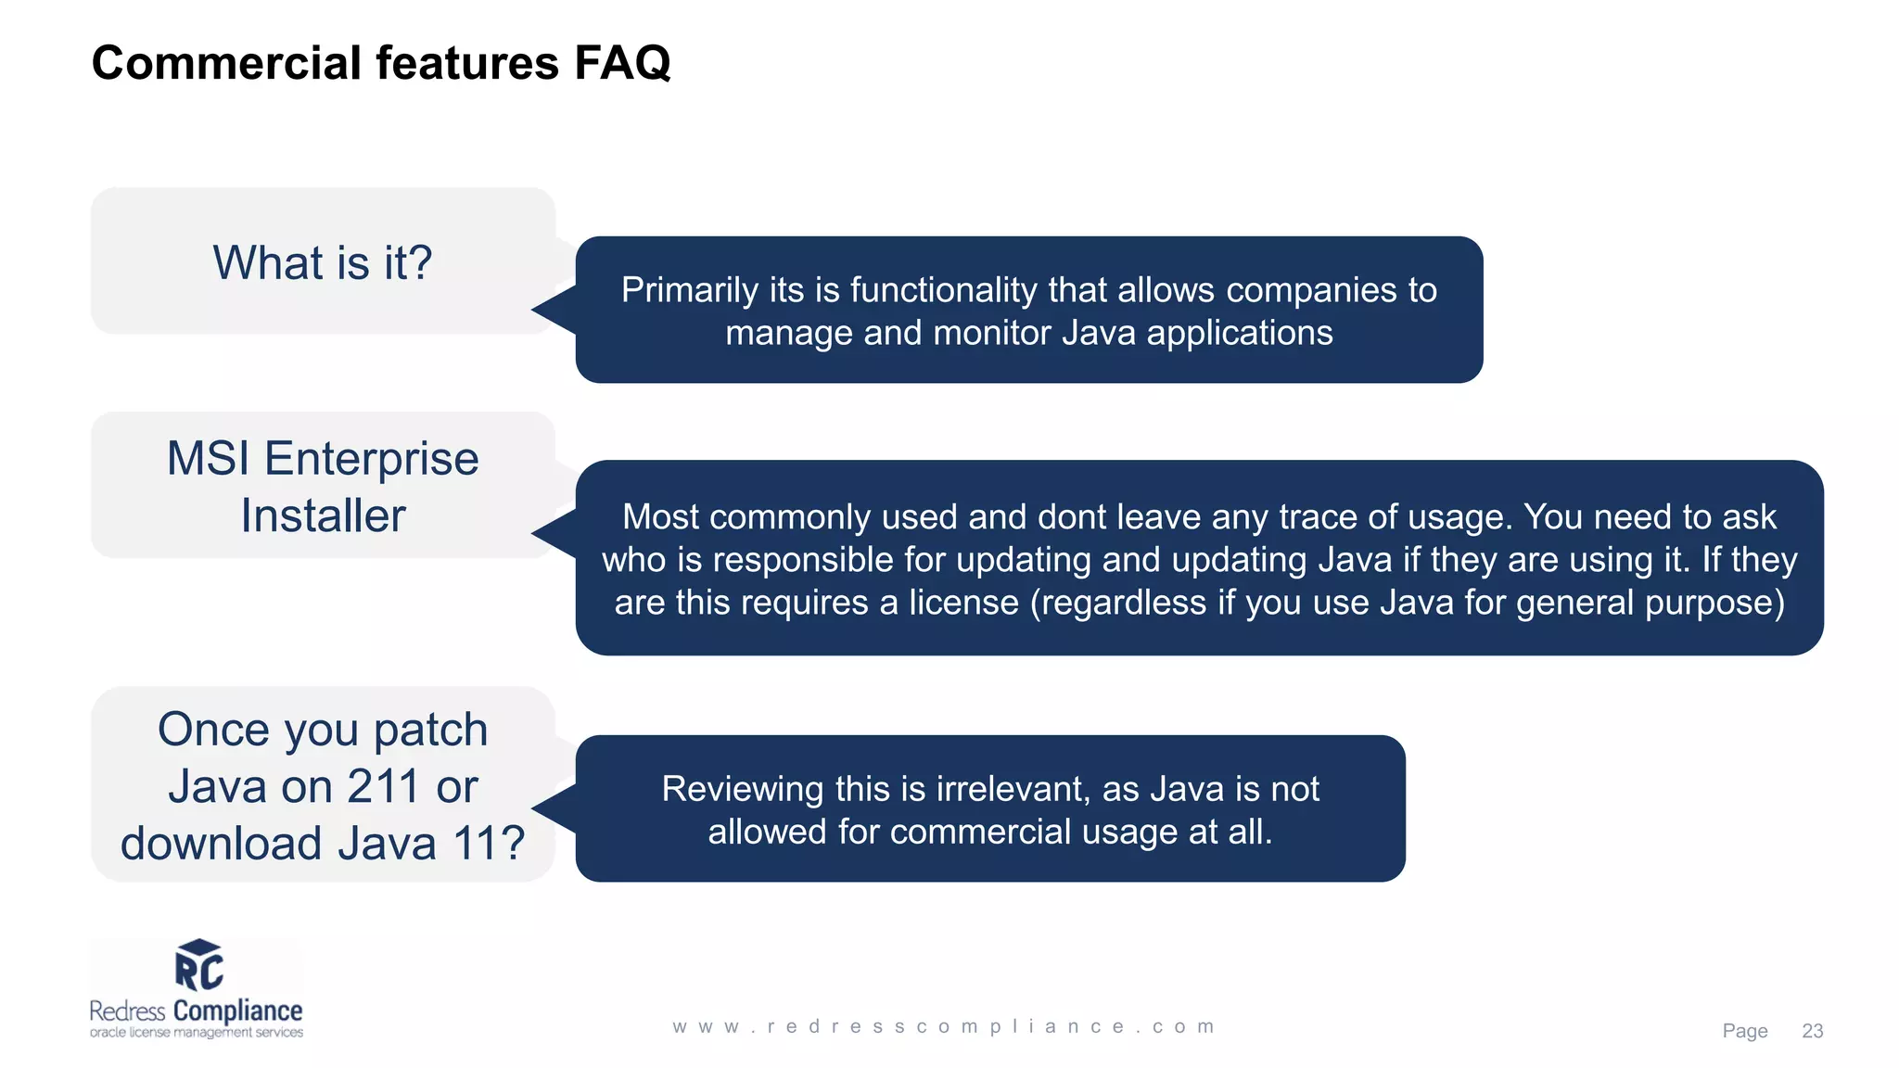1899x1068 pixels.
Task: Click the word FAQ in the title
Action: [621, 63]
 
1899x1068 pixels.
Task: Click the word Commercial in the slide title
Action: [226, 63]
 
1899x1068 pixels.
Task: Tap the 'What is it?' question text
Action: [323, 262]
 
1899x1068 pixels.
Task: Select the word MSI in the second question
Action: [209, 459]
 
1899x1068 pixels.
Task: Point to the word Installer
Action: [323, 516]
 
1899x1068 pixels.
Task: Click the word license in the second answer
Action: [963, 603]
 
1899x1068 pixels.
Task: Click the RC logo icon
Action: [198, 965]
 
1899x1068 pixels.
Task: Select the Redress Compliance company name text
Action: [196, 1011]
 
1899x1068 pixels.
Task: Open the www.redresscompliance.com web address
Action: [944, 1026]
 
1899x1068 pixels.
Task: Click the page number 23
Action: [1812, 1031]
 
